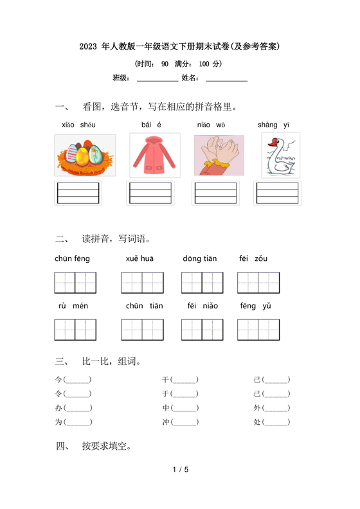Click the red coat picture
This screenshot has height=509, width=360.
[x=150, y=155]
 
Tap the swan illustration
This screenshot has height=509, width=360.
[x=280, y=156]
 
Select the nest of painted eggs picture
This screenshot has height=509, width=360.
[x=85, y=155]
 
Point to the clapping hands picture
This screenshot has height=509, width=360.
[x=219, y=155]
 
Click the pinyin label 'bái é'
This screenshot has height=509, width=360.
[x=152, y=125]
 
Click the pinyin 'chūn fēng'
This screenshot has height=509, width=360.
[x=73, y=259]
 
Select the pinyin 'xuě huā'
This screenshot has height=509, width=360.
[x=139, y=259]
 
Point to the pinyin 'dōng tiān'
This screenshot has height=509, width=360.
[x=199, y=259]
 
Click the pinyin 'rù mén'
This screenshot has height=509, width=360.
[x=73, y=306]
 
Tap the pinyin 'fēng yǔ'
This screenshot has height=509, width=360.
[x=256, y=306]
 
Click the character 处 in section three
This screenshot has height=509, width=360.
[x=258, y=422]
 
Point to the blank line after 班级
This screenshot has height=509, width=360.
[x=157, y=79]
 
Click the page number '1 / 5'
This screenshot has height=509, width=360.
[x=180, y=470]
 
